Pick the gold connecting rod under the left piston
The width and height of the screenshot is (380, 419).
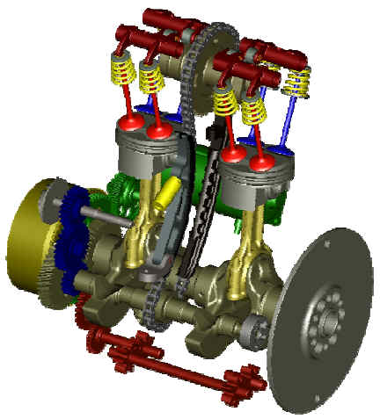[x=141, y=228]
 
